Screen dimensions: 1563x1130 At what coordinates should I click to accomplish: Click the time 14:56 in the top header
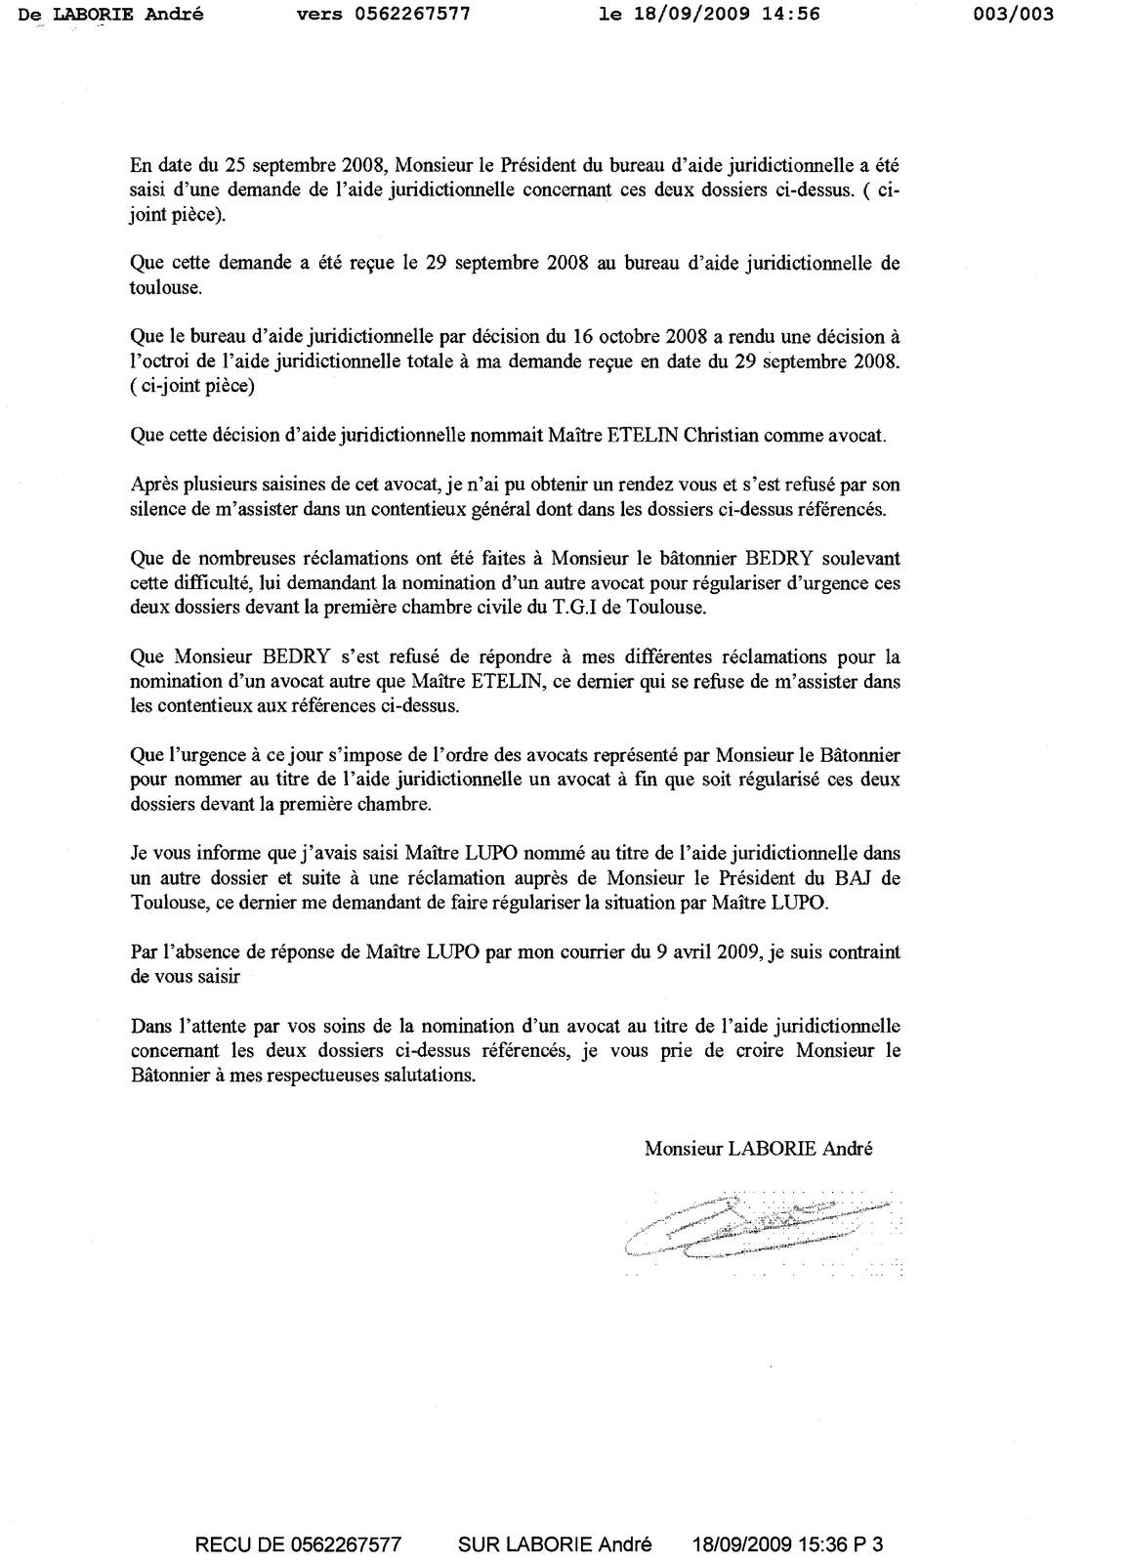792,14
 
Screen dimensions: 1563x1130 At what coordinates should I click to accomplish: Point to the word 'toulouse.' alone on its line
165,287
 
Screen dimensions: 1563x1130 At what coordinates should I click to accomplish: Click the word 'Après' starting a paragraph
151,485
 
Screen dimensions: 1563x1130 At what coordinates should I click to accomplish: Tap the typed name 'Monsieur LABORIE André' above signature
758,1149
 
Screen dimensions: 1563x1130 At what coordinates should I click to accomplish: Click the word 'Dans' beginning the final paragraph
149,1027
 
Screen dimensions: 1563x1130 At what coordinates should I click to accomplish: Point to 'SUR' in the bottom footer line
478,1544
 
